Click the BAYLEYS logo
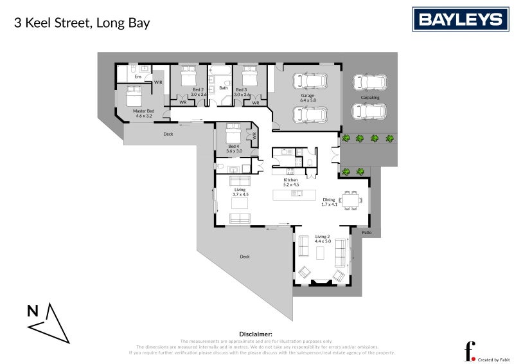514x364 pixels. pos(460,19)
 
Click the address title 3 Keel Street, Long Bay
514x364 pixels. pos(82,23)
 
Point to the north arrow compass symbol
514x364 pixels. pos(48,322)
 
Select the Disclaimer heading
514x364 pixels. pos(256,334)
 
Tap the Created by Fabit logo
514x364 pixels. pos(479,350)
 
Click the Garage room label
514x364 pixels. pos(308,98)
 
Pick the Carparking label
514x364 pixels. pos(370,98)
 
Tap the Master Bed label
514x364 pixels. pos(144,113)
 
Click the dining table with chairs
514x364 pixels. pos(351,201)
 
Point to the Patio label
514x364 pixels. pos(366,233)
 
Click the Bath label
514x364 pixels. pos(223,88)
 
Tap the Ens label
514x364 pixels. pos(137,77)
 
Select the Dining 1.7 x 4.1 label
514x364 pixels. pos(329,202)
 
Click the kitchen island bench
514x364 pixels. pos(294,194)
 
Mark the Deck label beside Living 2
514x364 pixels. pos(244,257)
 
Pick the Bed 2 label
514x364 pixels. pos(199,92)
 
